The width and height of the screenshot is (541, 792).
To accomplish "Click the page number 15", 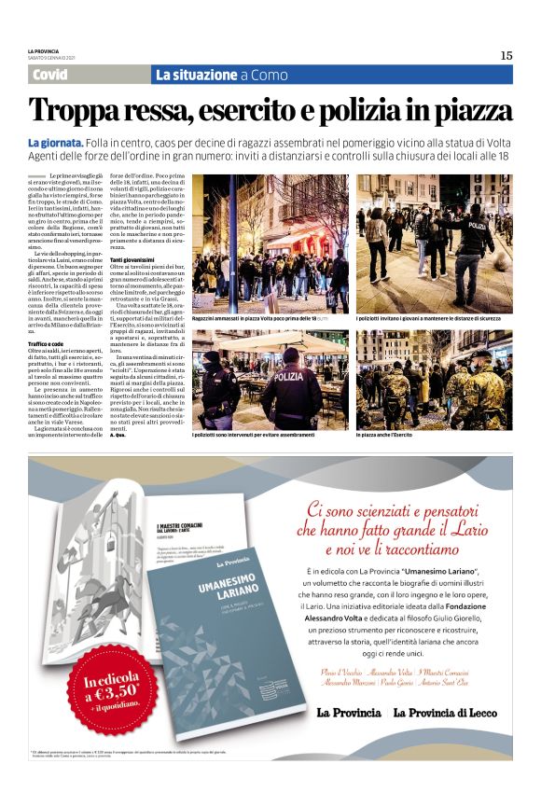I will coord(506,55).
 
